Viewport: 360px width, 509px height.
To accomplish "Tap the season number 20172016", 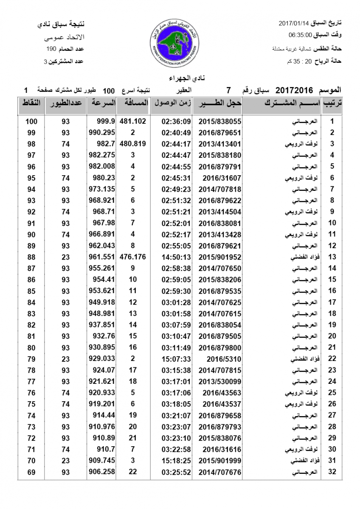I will coord(294,90).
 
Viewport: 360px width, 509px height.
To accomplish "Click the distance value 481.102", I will coord(132,121).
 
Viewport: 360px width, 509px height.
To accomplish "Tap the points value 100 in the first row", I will coord(31,121).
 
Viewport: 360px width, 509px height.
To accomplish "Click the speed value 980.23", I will coord(104,178).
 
